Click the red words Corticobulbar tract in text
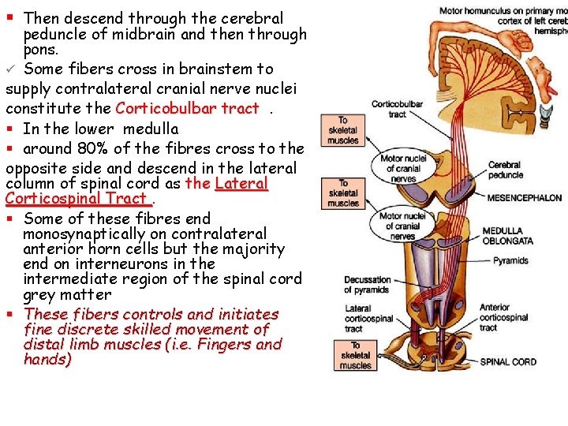pyautogui.click(x=187, y=109)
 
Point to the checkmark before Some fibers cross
pyautogui.click(x=10, y=69)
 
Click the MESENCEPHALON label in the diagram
pyautogui.click(x=524, y=198)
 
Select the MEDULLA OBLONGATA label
pyautogui.click(x=508, y=236)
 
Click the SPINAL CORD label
pyautogui.click(x=508, y=362)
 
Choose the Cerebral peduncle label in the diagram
pyautogui.click(x=505, y=170)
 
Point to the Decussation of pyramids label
pyautogui.click(x=367, y=285)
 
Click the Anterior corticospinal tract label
pyautogui.click(x=503, y=317)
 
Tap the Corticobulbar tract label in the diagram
pyautogui.click(x=397, y=109)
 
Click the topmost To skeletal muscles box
pyautogui.click(x=342, y=130)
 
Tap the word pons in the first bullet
pyautogui.click(x=41, y=49)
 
